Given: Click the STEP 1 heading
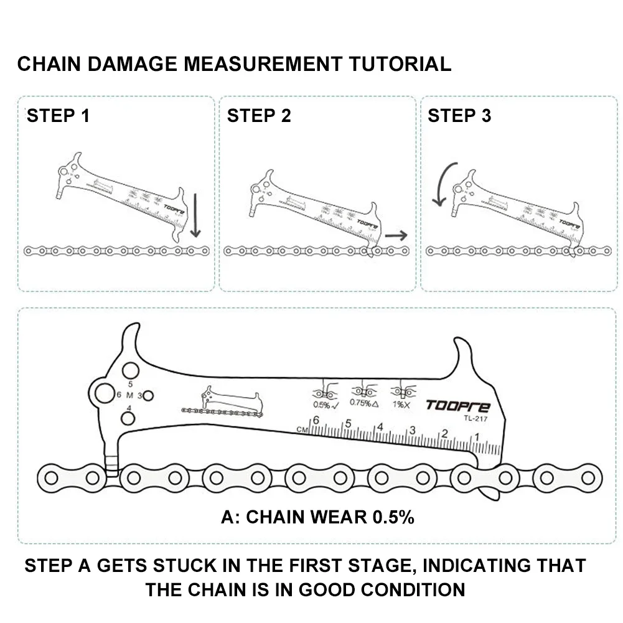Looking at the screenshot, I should (x=58, y=116).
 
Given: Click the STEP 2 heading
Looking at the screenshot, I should (x=259, y=116).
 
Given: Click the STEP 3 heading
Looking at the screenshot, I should (x=459, y=116).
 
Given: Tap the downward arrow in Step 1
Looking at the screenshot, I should (x=195, y=215).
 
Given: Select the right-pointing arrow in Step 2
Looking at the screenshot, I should (x=396, y=235).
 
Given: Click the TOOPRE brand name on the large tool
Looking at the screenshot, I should (x=457, y=406).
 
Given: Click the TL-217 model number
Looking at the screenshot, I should (x=474, y=418).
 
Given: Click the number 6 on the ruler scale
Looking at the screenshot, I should (x=316, y=421).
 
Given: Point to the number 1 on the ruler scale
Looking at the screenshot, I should (x=476, y=438).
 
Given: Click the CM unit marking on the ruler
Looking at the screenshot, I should (x=303, y=429).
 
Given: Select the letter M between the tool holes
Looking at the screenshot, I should (x=129, y=395).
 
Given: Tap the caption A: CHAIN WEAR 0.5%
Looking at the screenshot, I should (x=317, y=517).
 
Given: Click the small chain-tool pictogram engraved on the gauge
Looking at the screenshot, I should (x=222, y=404).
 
